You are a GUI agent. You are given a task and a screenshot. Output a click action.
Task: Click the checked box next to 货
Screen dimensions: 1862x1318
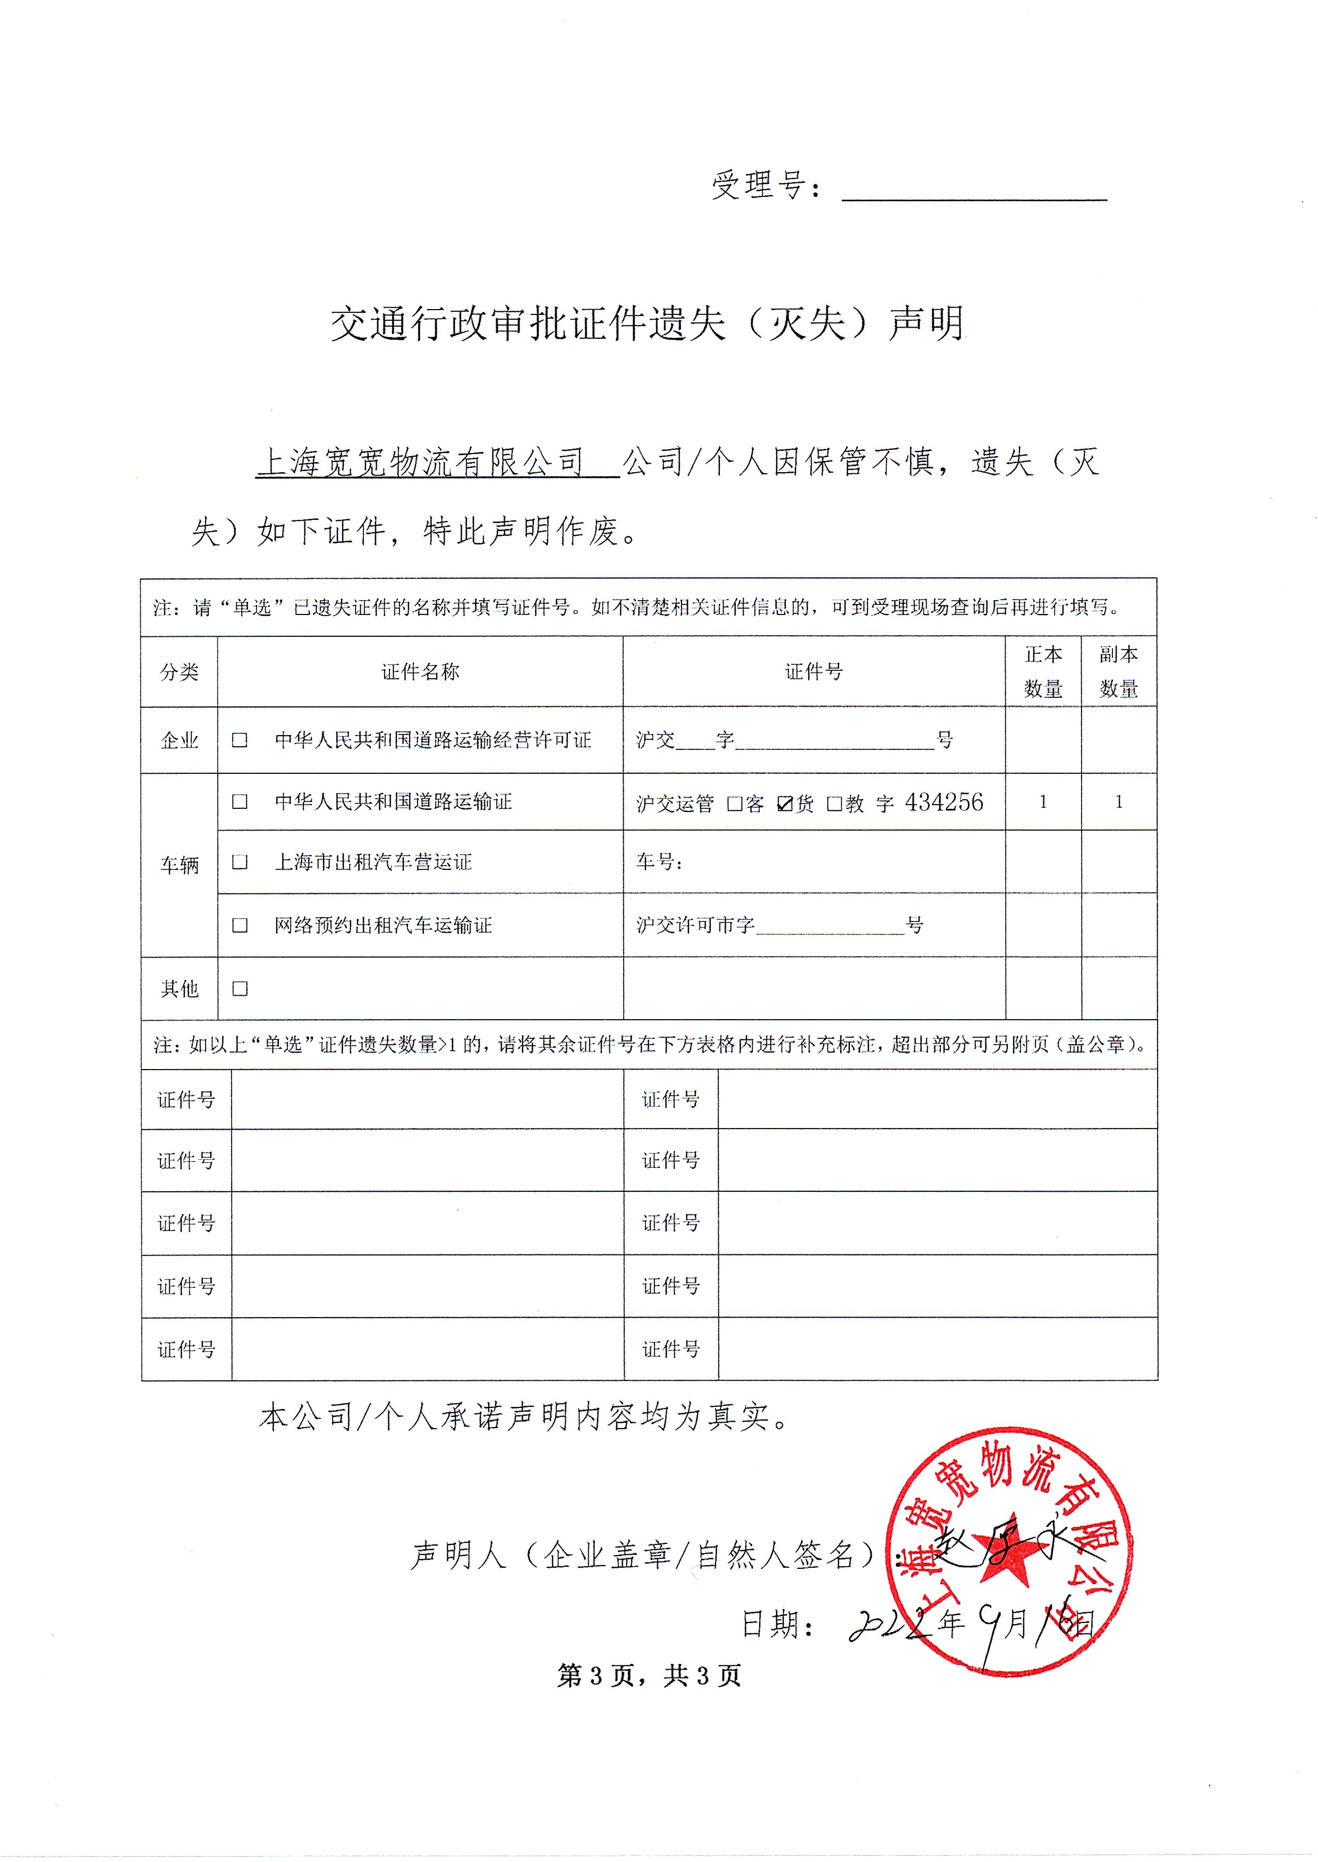784,803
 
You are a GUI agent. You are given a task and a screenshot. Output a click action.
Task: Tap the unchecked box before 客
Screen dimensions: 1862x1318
735,803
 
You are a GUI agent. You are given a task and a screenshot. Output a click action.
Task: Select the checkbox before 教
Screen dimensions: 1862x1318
834,803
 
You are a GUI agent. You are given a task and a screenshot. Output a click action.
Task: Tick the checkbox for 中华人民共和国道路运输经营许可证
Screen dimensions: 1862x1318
240,740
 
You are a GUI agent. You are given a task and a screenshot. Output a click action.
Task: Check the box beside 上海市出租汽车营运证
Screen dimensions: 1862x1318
240,861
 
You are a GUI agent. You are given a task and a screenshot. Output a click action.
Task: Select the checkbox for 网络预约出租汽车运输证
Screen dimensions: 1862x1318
240,925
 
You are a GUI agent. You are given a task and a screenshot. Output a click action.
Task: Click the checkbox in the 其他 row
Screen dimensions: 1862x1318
240,988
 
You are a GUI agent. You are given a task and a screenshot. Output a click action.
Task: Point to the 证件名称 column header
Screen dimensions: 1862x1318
420,672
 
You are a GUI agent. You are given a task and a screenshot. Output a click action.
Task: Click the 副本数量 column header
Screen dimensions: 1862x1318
1118,672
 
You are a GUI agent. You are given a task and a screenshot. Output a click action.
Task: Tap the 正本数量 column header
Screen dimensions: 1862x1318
1043,672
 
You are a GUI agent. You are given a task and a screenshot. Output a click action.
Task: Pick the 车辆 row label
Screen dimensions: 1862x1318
180,865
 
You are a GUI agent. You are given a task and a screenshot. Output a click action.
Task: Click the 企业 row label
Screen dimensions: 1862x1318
180,740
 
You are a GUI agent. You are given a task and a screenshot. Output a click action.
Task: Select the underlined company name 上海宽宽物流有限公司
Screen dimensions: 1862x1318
420,463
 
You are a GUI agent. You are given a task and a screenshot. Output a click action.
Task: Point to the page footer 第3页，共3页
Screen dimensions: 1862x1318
649,1676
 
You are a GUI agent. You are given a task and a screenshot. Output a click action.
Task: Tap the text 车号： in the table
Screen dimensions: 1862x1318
659,861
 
